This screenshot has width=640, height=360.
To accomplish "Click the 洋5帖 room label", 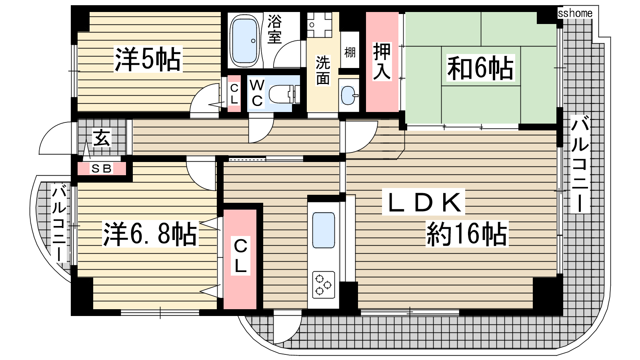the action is [148, 59].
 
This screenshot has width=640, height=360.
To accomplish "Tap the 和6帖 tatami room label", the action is [480, 68].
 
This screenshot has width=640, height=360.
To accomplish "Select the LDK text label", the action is [424, 202].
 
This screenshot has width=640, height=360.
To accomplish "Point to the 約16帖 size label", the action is [467, 234].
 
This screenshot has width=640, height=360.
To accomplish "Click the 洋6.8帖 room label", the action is [150, 234].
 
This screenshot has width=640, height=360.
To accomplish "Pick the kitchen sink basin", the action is [324, 230].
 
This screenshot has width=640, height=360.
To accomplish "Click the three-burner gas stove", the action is [324, 284].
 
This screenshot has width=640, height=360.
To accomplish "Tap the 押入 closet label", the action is [382, 62].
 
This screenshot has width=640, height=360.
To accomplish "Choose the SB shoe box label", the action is [101, 168].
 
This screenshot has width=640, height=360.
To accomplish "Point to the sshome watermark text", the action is [575, 13].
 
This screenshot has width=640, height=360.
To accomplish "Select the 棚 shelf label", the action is [350, 52].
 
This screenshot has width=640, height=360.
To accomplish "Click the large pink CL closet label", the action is [240, 256].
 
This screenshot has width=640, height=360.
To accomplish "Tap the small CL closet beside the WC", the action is [234, 94].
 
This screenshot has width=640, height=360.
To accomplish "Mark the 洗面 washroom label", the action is [323, 70].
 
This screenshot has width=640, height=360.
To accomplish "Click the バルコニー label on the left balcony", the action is [59, 223].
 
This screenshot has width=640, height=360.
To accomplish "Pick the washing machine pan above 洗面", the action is [320, 25].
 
